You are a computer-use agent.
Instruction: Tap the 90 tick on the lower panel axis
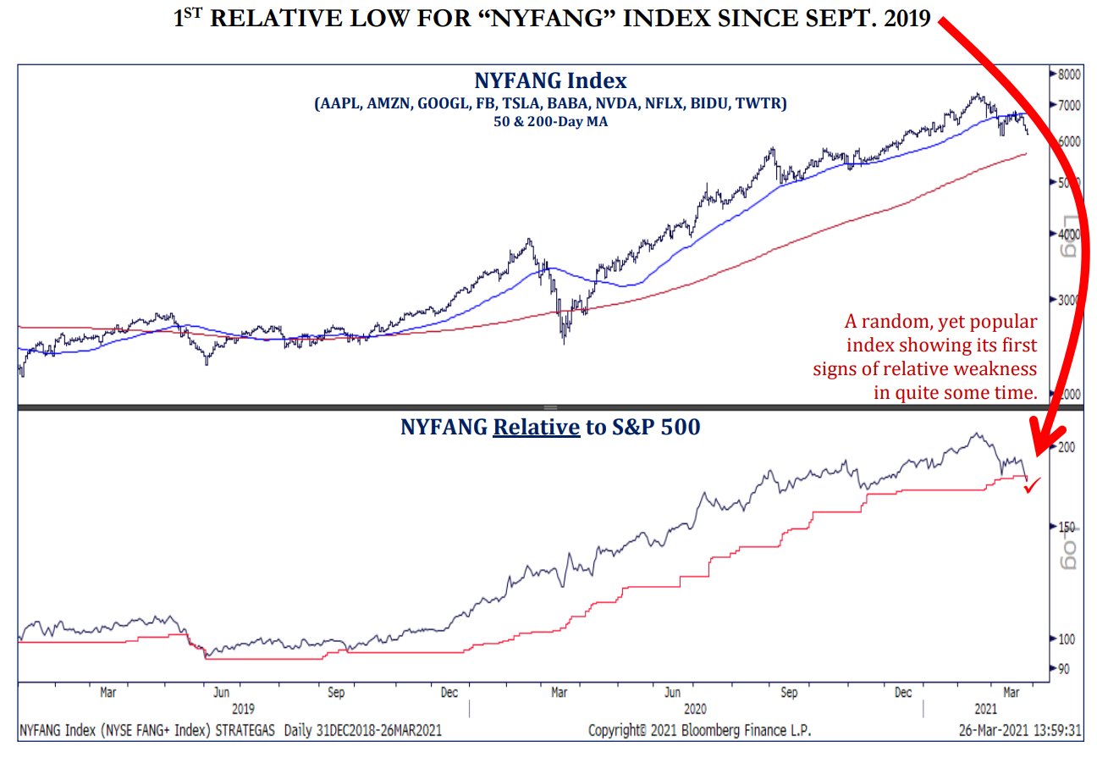coord(1062,668)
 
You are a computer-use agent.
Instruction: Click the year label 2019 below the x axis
coord(244,708)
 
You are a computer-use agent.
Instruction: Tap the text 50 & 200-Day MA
coord(550,121)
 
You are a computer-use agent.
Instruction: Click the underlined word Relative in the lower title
coord(537,427)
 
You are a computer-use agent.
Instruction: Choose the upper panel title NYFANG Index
coord(550,81)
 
